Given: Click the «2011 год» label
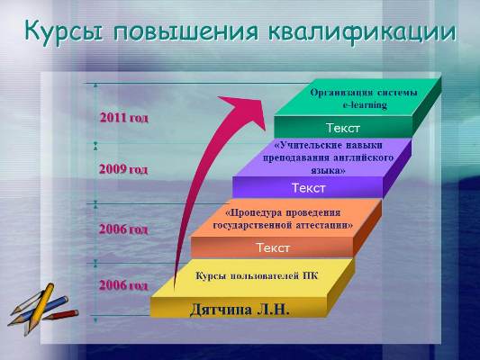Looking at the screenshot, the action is coord(124,118).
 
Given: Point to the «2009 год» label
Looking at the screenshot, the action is coord(123,169).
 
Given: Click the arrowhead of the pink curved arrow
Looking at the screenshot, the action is coord(245,110).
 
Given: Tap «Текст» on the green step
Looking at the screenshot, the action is coord(343,128).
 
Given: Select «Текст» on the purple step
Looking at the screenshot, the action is coord(309,188).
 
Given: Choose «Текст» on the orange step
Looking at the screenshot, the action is coord(273,247).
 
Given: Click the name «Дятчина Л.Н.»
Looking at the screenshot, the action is coord(240,310).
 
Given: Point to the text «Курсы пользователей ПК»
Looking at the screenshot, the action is coord(257,276).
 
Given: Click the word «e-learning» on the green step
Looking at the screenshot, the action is coord(365,105).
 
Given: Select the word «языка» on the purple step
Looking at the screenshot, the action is coord(328,170).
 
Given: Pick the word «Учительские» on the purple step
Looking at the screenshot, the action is coord(308,145).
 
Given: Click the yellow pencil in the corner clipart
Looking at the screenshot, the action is coord(37,309).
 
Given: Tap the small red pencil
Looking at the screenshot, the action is coord(60,315).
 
